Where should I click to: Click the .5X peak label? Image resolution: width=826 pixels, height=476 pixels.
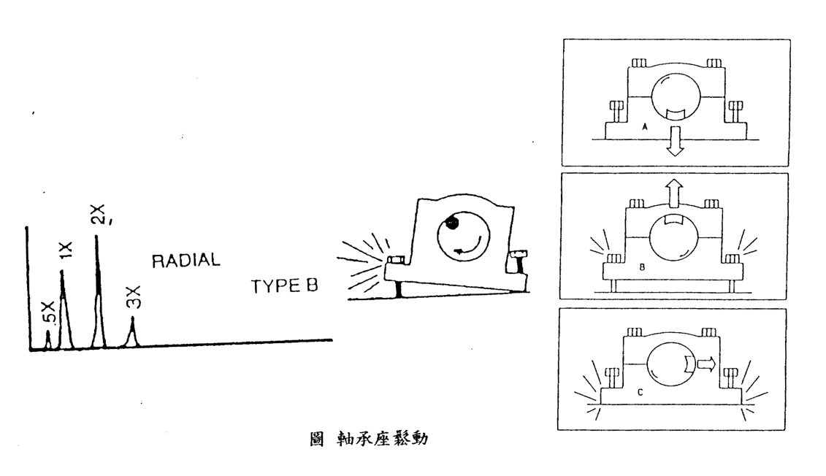47,312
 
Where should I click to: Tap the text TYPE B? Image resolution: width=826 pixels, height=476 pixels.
285,286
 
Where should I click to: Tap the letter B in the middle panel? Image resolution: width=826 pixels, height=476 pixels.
640,268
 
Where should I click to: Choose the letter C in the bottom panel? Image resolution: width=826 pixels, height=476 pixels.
640,393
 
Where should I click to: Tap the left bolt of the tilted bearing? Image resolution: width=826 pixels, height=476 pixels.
396,259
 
